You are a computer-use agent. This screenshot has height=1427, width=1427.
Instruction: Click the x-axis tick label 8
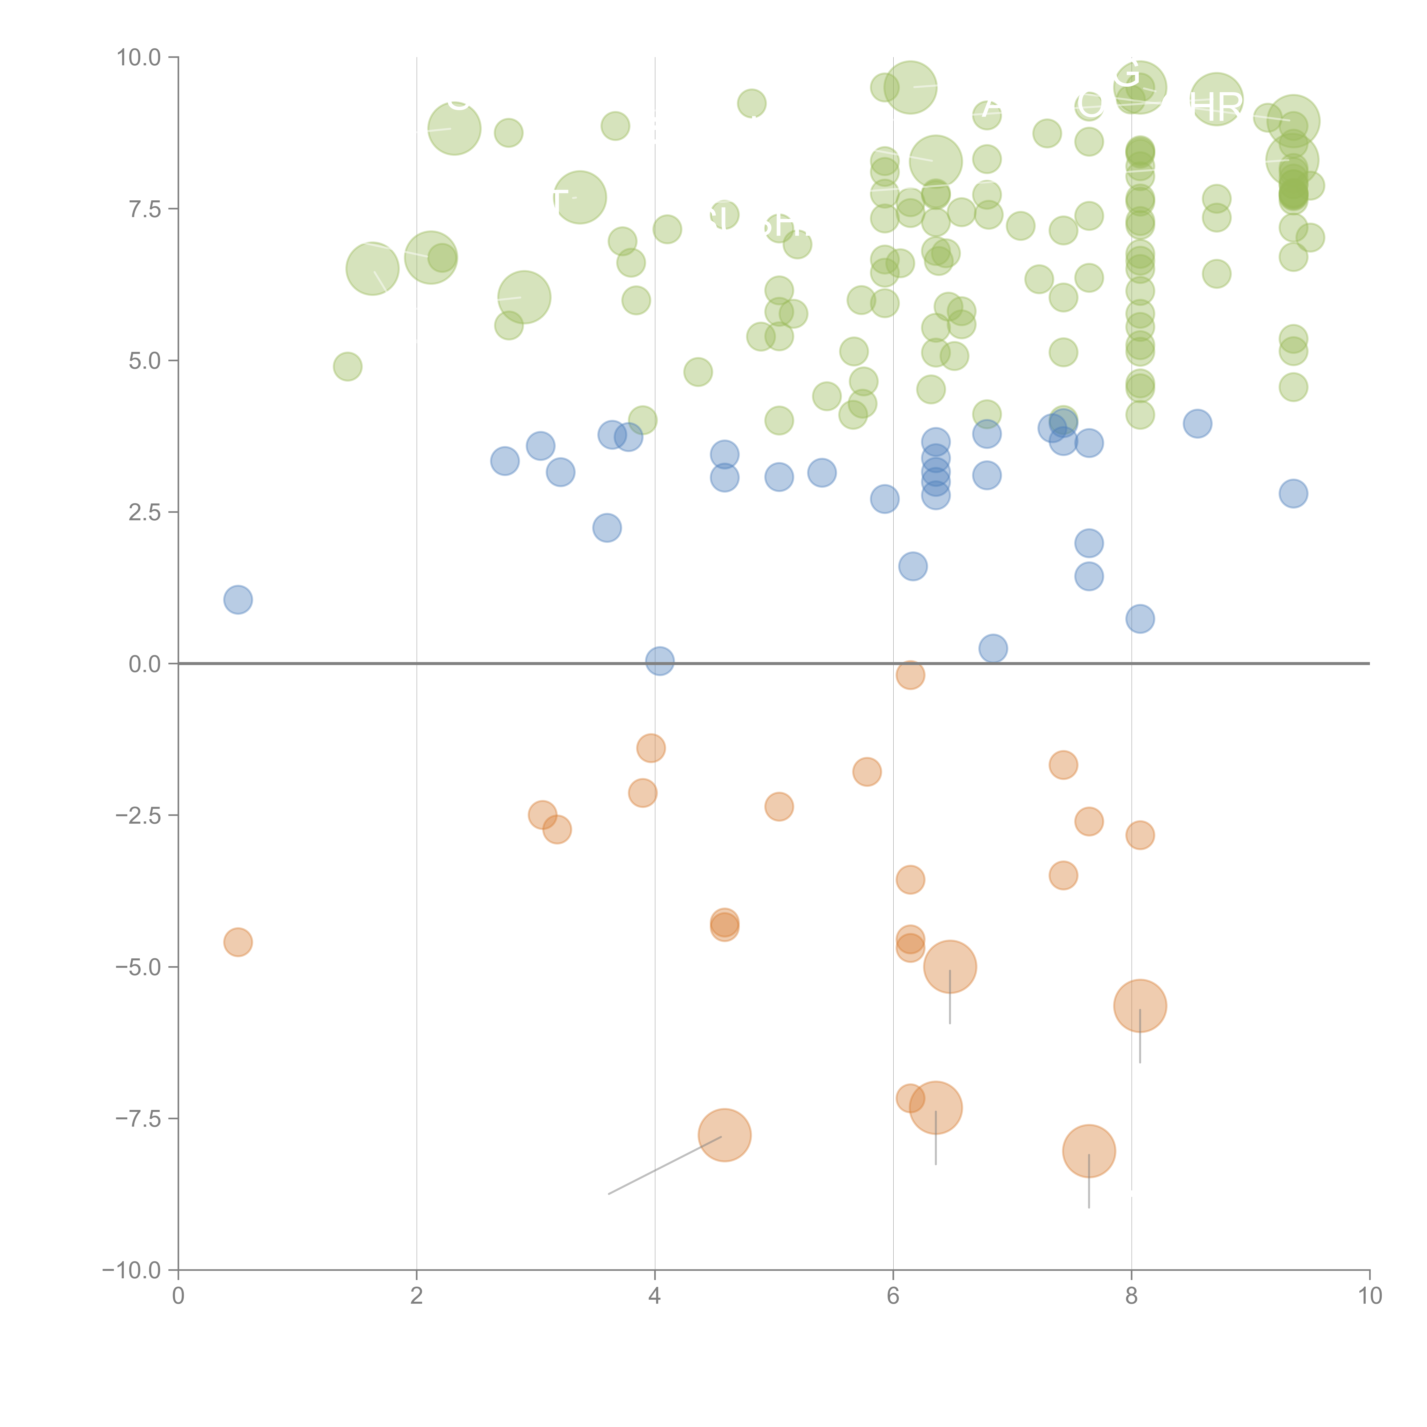1132,1296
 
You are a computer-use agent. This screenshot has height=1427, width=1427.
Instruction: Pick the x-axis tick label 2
417,1296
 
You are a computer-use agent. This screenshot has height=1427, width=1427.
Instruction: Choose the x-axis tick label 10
1369,1296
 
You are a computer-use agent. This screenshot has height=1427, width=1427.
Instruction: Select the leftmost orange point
238,942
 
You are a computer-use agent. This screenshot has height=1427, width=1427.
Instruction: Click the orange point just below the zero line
910,674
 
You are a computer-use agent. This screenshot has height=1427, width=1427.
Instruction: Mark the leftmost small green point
347,366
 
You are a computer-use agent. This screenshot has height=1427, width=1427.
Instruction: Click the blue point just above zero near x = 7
993,648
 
